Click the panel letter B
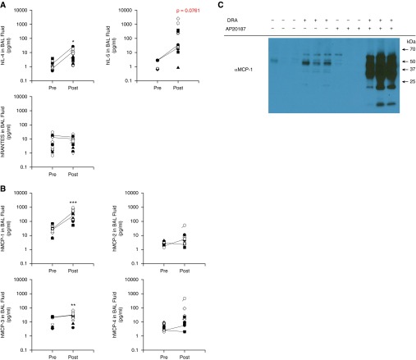[4, 184]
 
